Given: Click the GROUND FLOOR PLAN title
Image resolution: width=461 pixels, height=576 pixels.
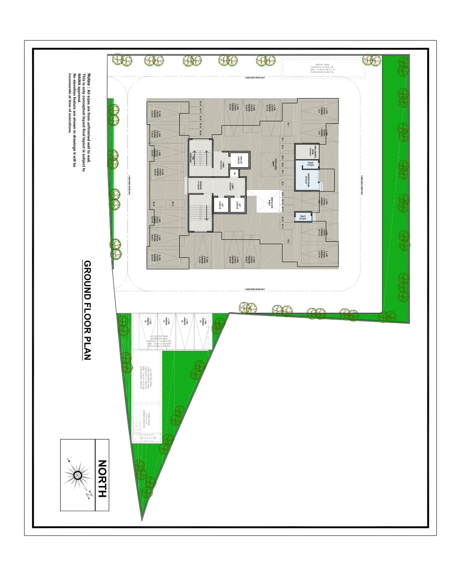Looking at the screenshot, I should (88, 310).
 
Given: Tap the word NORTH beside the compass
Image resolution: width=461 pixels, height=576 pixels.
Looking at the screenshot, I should (102, 478).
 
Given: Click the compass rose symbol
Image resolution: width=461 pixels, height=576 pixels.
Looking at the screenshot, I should (78, 475).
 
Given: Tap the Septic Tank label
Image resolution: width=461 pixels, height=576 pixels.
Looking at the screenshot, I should (323, 68).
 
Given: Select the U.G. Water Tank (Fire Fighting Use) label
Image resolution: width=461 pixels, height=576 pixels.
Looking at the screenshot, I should (146, 377).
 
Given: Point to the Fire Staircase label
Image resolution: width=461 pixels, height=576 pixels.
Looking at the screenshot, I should (193, 159).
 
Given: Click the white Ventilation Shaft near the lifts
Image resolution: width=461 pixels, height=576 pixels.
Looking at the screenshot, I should (269, 202).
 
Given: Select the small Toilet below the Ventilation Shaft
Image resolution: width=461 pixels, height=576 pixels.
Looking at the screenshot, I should (303, 217).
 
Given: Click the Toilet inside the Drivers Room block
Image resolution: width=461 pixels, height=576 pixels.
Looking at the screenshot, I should (310, 164).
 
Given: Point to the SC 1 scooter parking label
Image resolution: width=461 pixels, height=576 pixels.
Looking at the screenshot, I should (288, 125).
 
